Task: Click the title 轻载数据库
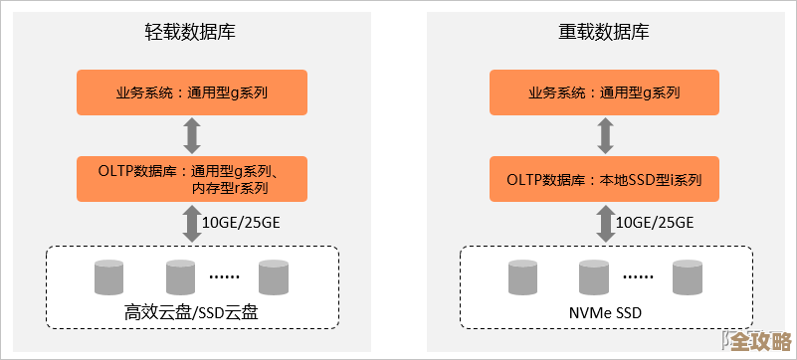tap(190, 32)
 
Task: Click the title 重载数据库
tap(604, 32)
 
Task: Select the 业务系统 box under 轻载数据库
tap(192, 92)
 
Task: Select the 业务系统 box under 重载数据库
tap(604, 92)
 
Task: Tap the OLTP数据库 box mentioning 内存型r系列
tap(192, 178)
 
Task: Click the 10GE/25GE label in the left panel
tap(241, 222)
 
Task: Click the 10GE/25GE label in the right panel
tap(653, 222)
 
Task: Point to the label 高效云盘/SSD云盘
tap(191, 312)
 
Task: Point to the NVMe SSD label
tap(604, 312)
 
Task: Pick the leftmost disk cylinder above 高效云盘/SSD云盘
tap(108, 277)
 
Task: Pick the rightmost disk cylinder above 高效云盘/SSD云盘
tap(273, 277)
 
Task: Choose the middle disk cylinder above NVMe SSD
tap(594, 277)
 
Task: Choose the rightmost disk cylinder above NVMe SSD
tap(687, 277)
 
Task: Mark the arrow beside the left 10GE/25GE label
tap(192, 222)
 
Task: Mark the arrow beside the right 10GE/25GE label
tap(604, 222)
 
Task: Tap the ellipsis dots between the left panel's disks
tap(226, 277)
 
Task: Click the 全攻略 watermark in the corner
tap(760, 341)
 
